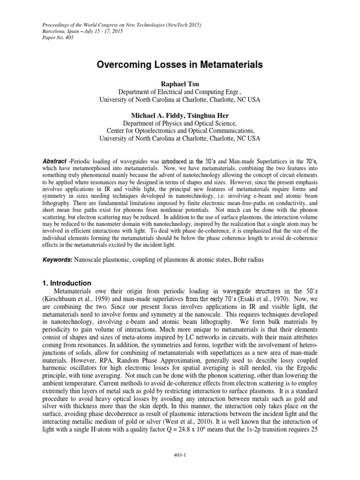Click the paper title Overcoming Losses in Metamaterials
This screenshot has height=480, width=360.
point(180,65)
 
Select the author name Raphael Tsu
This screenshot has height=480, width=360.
point(180,83)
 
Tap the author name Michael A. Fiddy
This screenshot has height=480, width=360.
point(153,115)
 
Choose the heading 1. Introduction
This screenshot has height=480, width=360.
point(65,283)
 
